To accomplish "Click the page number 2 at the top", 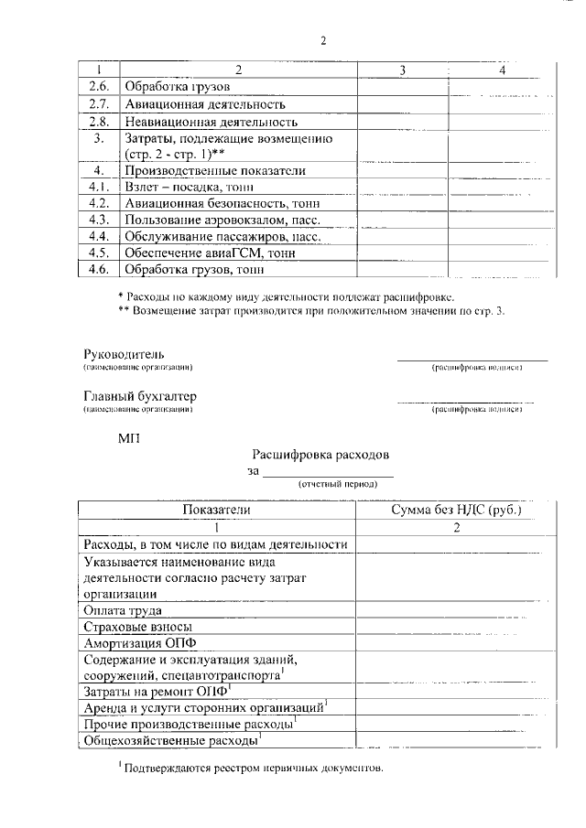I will [x=323, y=39].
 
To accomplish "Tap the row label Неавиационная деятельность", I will [x=211, y=121].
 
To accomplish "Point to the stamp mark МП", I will [x=129, y=438].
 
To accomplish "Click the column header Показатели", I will [x=215, y=510].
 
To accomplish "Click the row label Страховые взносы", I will [x=136, y=627].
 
